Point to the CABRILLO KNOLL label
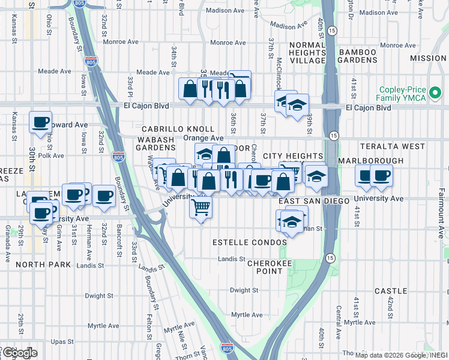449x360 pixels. pyautogui.click(x=178, y=129)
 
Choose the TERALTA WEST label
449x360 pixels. pyautogui.click(x=418, y=146)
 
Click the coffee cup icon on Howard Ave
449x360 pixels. pyautogui.click(x=41, y=122)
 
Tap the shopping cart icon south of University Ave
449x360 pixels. pyautogui.click(x=201, y=208)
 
